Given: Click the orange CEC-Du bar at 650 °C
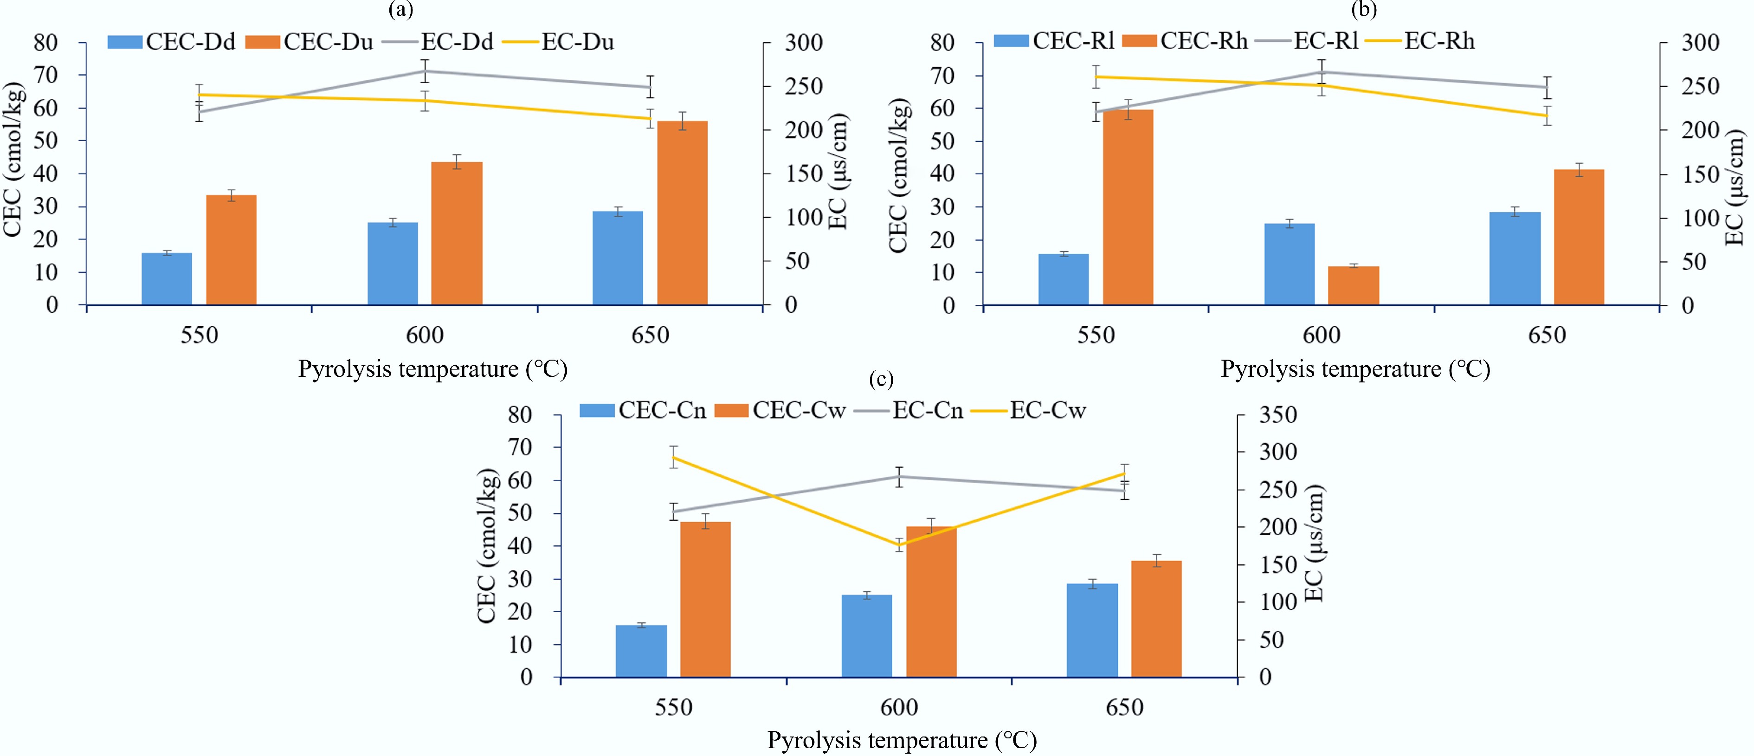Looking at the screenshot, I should pos(682,213).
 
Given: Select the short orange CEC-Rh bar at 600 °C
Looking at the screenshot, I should pos(1354,285).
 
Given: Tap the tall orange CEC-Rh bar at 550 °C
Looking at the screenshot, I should pos(1128,207).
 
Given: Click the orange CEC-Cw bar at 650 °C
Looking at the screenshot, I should pos(1156,619).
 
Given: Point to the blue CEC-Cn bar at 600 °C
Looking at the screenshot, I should pos(867,635).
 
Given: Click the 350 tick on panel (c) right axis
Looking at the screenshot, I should pos(1278,415).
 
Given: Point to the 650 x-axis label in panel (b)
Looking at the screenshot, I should pos(1547,335).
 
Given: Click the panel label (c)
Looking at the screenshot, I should pos(881,379).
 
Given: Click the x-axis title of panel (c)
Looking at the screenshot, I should pos(902,740).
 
